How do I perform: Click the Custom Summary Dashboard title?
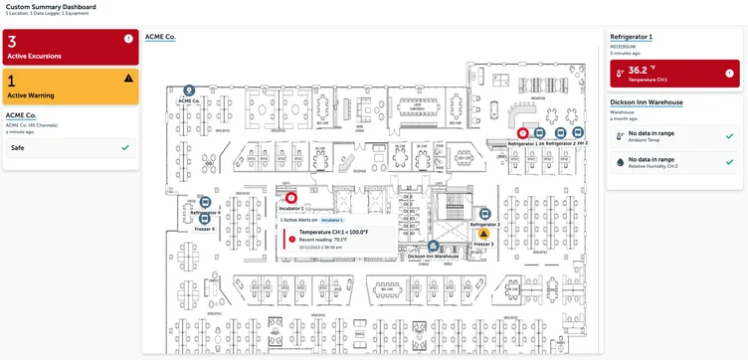point(52,6)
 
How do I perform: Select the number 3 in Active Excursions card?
point(12,41)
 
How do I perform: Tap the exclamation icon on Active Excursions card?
point(128,39)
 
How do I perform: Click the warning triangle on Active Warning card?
point(128,78)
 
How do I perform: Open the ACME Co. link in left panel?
point(20,115)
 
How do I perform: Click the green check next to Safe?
point(124,147)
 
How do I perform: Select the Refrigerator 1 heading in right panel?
point(630,36)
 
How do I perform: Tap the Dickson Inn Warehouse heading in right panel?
point(646,102)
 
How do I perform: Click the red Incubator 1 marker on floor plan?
point(291,198)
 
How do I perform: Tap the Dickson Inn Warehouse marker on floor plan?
point(434,245)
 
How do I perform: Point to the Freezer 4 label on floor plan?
point(205,229)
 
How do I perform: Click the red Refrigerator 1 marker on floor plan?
point(523,132)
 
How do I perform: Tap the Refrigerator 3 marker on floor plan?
point(485,214)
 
